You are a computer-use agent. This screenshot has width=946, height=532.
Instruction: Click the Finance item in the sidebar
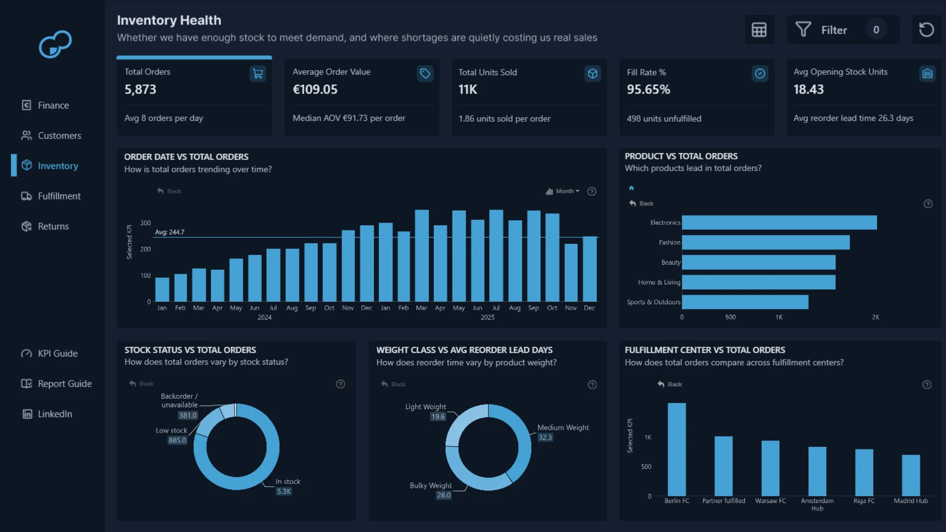pos(45,105)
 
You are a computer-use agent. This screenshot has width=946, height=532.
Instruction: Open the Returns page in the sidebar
pos(45,227)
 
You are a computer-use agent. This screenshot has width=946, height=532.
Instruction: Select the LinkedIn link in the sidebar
pos(47,414)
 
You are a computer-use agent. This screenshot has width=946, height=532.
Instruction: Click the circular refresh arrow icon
pos(926,30)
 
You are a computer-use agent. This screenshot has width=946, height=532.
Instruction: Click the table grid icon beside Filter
pos(759,30)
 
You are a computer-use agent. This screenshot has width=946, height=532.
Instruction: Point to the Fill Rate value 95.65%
pos(648,90)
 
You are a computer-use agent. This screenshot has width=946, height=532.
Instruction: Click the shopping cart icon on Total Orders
pos(258,74)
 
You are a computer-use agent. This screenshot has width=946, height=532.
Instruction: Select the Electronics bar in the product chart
pos(779,223)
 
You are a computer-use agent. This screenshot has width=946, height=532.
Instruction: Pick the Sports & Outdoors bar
pos(745,302)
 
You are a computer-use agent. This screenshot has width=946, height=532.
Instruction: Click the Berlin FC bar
pos(676,449)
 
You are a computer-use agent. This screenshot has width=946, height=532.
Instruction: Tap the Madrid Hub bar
pos(911,475)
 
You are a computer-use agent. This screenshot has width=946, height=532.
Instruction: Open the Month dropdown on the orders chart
pos(563,191)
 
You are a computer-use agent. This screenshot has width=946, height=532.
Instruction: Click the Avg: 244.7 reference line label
pos(169,232)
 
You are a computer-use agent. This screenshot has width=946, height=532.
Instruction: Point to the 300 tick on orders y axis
pos(145,223)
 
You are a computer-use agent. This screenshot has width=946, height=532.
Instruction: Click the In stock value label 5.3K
pos(284,492)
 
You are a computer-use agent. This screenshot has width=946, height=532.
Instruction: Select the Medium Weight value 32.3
pos(545,437)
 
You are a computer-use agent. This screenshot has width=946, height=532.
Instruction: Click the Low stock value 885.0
pos(177,440)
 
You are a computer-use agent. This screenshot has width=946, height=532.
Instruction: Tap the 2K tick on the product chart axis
pos(876,317)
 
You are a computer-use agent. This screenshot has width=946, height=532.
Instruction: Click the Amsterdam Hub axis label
pos(817,504)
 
